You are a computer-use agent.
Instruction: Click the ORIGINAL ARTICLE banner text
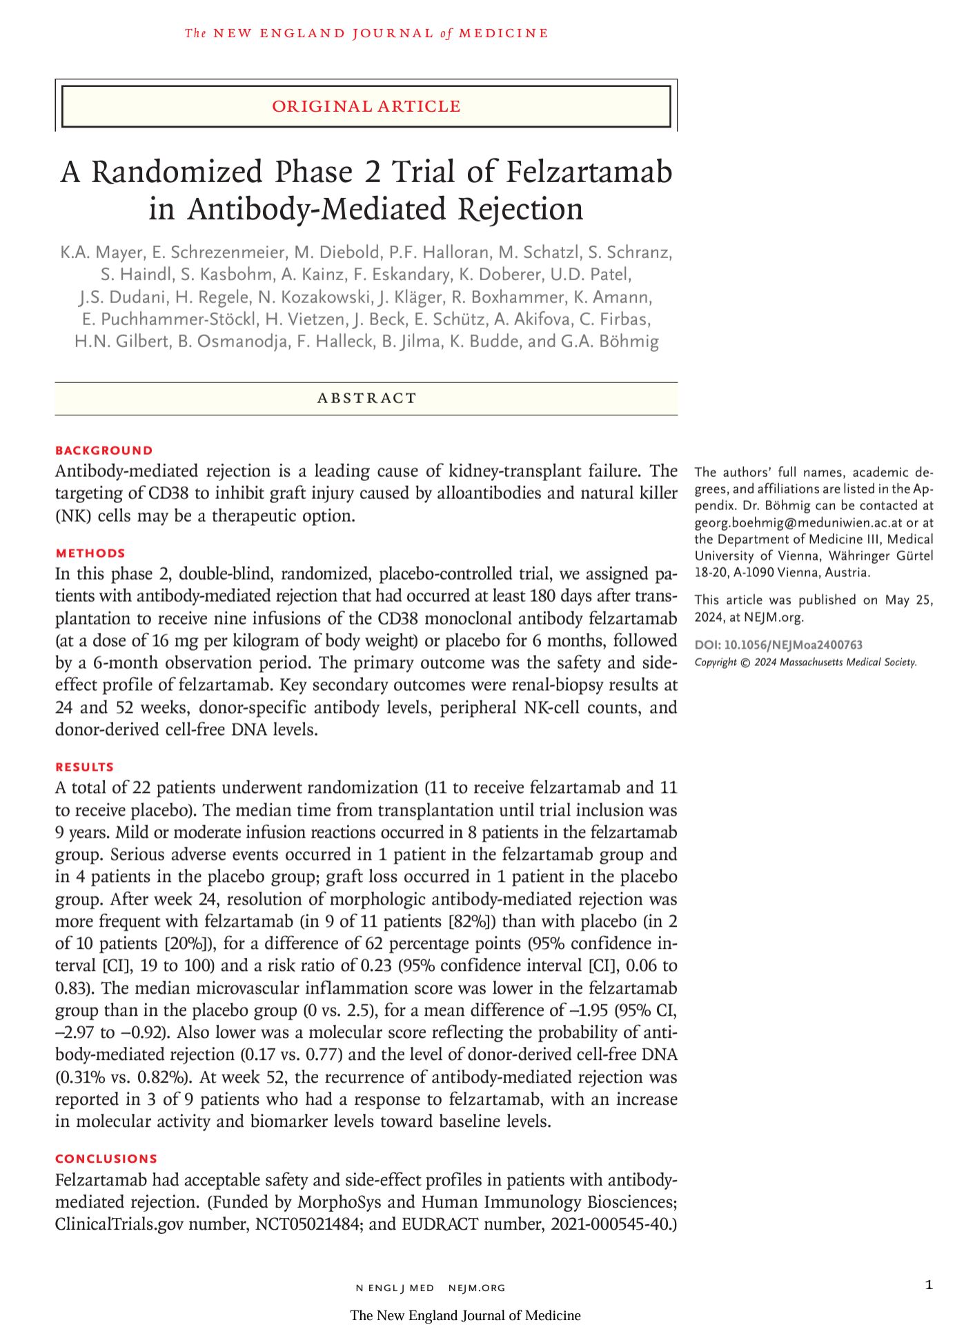(366, 106)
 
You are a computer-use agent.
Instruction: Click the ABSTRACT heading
(366, 398)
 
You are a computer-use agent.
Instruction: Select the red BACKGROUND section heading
(104, 451)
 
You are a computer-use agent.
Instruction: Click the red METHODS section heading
(90, 553)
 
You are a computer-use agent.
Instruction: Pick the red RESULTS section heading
(85, 767)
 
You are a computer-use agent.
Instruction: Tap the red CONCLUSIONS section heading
(106, 1159)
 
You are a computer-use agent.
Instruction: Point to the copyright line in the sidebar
(805, 662)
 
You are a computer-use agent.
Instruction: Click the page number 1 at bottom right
(929, 1284)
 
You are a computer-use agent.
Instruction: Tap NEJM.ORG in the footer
(477, 1288)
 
